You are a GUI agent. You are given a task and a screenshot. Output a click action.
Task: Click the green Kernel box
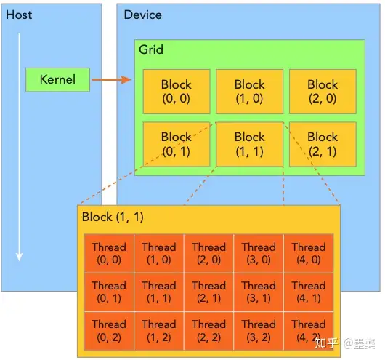click(x=57, y=80)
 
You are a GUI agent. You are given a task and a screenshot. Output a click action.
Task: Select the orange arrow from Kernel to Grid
click(x=112, y=80)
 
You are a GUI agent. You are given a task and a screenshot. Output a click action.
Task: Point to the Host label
click(x=19, y=15)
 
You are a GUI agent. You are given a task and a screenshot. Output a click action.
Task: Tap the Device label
click(x=142, y=15)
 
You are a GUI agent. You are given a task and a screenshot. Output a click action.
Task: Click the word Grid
click(x=151, y=49)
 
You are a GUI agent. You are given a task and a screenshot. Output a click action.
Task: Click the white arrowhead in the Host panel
click(x=19, y=257)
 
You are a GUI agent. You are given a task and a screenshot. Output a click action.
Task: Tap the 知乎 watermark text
click(x=326, y=343)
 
